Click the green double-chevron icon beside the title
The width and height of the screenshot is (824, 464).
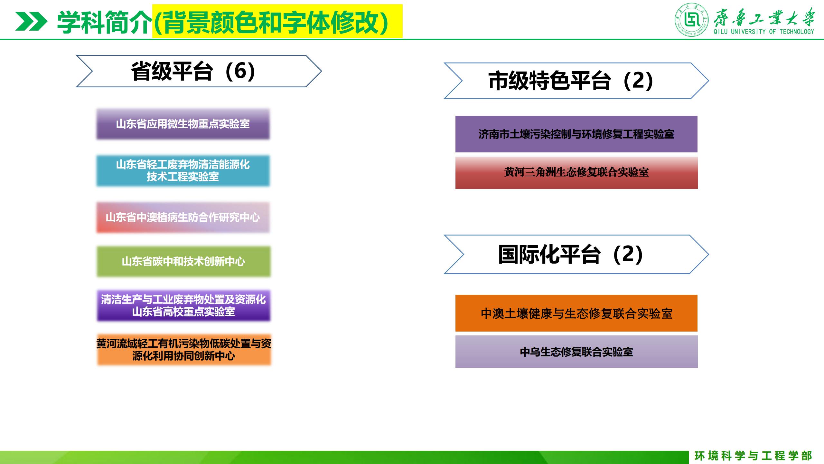(x=31, y=22)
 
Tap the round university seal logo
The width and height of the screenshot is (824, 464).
(x=692, y=20)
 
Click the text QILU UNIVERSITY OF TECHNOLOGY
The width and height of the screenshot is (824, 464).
(x=763, y=32)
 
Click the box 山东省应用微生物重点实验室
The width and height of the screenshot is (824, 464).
(x=183, y=124)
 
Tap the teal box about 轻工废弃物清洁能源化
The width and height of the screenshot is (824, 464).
(x=183, y=171)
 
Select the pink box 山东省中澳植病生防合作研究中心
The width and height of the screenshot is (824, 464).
(x=183, y=217)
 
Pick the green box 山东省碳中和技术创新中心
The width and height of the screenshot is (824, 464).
(x=184, y=262)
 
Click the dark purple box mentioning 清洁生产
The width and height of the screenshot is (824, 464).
(x=184, y=305)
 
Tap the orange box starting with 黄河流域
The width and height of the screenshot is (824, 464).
(x=184, y=350)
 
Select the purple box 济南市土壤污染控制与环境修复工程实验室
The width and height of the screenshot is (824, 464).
(x=576, y=134)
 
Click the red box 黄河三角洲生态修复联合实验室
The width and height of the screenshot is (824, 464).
(x=576, y=173)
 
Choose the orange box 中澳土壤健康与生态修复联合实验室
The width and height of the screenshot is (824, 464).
(x=576, y=313)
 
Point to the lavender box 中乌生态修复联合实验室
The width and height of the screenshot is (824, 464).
(x=576, y=352)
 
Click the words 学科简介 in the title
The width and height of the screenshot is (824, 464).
(x=104, y=22)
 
